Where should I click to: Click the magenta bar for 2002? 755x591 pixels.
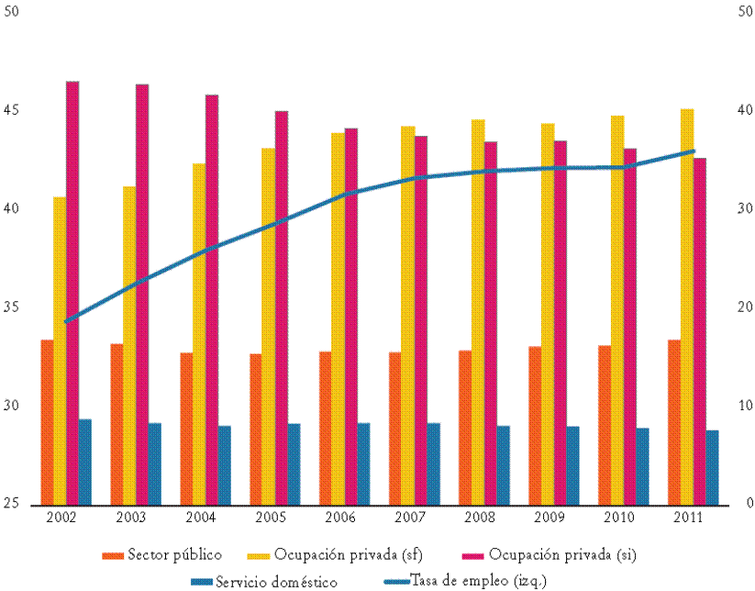pos(72,293)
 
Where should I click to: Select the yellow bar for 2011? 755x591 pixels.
pos(687,307)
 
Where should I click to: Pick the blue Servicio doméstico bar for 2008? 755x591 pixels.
pos(504,465)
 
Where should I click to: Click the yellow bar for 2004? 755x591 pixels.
pos(199,334)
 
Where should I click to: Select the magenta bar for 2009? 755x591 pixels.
pos(561,322)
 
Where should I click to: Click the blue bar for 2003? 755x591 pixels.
pos(155,463)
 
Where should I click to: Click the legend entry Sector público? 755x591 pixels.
pos(161,555)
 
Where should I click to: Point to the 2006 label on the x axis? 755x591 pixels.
pos(340,518)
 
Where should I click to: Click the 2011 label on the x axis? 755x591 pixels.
pos(688,518)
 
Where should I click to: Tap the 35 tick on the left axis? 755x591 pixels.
pos(13,307)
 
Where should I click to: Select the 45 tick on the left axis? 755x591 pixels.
pos(13,110)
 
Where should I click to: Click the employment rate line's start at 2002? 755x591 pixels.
pos(66,321)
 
